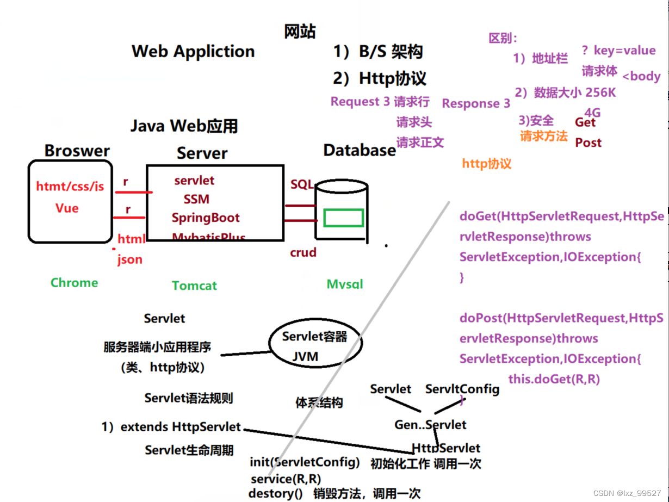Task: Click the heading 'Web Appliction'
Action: pos(193,52)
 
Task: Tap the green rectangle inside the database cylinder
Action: pos(343,218)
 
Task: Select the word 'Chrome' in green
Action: pos(75,283)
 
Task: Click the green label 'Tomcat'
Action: pos(194,286)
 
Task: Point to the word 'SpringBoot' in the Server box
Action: pos(206,218)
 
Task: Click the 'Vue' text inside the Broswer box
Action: pos(67,208)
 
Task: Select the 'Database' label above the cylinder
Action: pos(360,150)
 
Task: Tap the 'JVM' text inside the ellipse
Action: pos(305,357)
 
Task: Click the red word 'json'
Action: pos(130,259)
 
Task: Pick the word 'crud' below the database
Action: pos(303,252)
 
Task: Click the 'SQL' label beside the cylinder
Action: pos(302,184)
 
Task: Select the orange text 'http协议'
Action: pos(487,164)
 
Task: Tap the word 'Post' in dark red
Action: pos(589,143)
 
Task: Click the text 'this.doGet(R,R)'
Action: pos(554,379)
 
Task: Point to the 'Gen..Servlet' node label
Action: pos(430,425)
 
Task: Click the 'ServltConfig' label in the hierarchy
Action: pos(462,389)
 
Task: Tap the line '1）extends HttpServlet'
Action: pos(171,427)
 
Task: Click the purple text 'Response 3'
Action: pos(476,103)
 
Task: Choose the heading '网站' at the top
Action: pos(300,32)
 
